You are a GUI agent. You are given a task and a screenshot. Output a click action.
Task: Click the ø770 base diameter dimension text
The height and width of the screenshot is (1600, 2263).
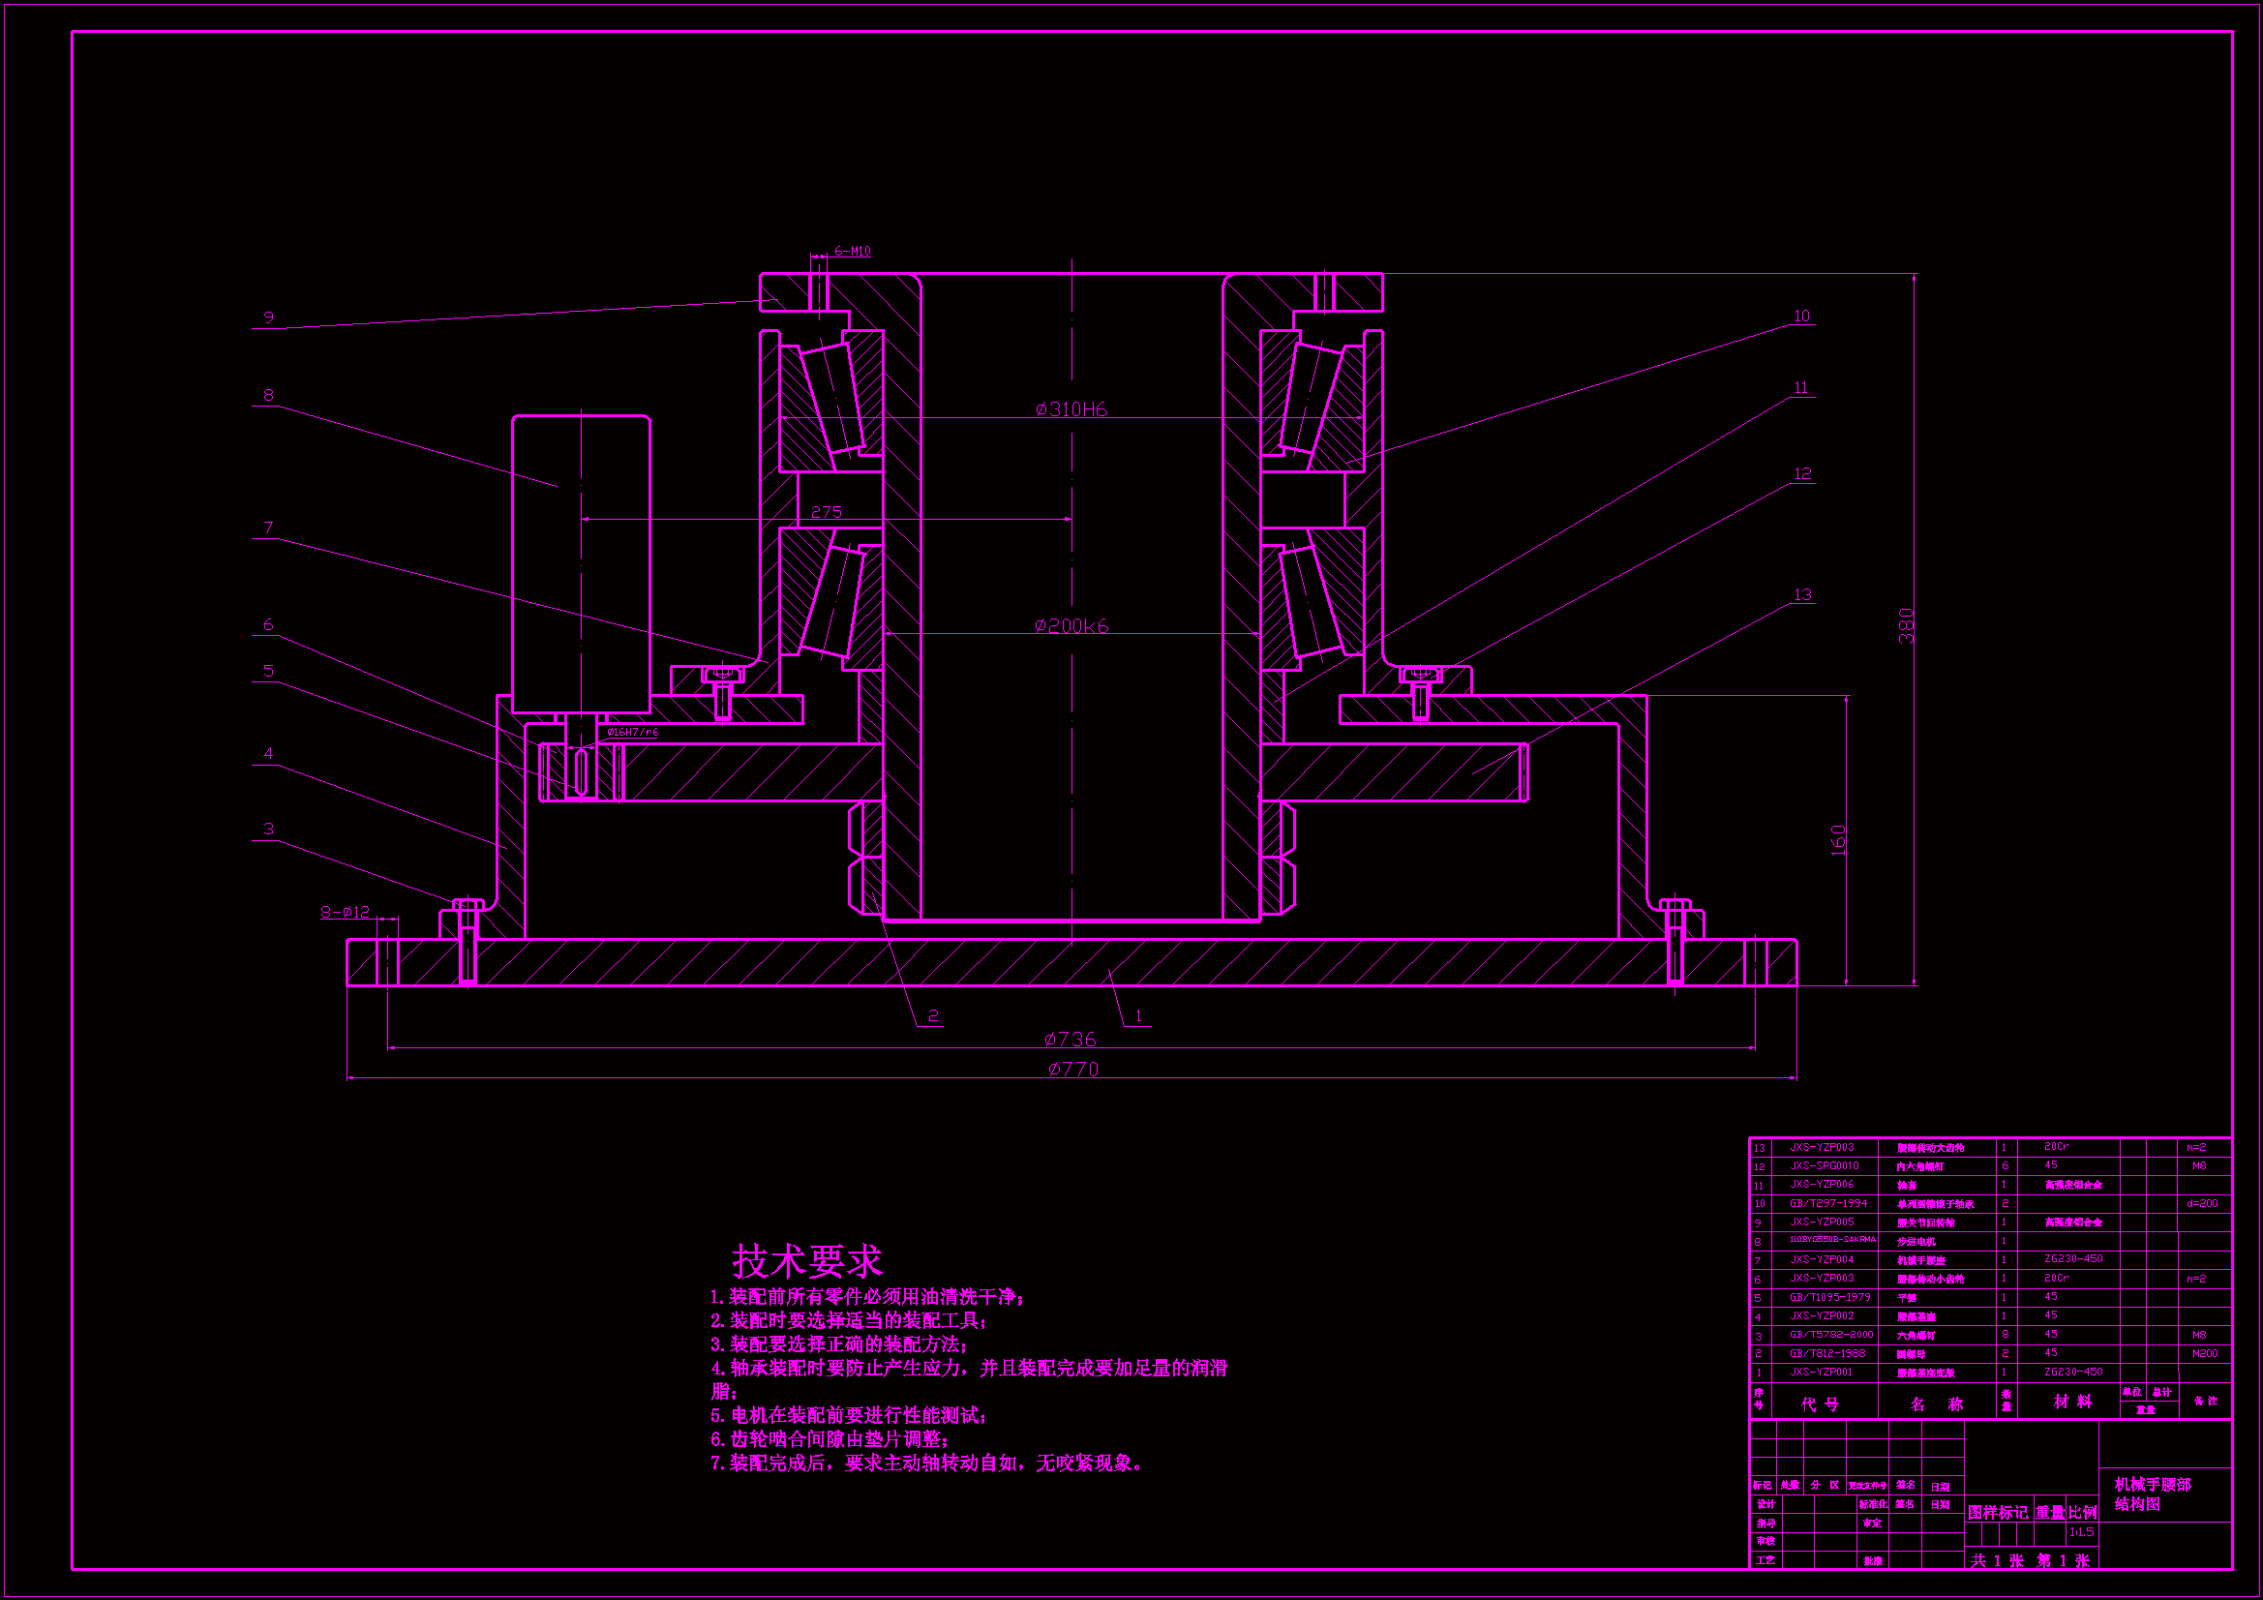click(x=1072, y=1069)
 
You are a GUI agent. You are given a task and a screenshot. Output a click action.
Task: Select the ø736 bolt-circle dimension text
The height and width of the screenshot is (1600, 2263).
click(x=1070, y=1038)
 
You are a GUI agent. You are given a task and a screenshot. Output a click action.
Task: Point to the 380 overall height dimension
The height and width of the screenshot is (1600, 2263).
click(x=1906, y=626)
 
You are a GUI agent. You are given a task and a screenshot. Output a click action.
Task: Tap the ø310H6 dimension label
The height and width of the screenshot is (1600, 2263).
click(x=1071, y=409)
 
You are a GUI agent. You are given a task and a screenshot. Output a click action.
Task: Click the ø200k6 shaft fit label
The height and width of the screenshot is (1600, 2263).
click(x=1071, y=625)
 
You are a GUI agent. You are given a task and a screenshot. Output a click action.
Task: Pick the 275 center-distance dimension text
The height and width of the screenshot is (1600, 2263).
click(x=826, y=512)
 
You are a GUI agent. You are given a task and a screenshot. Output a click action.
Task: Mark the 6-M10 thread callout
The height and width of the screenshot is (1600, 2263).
click(x=853, y=252)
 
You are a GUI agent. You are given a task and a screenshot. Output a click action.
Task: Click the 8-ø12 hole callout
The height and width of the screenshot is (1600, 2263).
click(x=345, y=912)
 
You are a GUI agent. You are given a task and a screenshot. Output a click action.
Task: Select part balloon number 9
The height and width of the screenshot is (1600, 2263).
click(x=268, y=317)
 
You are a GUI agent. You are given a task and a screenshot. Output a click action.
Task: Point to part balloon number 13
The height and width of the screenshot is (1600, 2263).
click(x=1802, y=594)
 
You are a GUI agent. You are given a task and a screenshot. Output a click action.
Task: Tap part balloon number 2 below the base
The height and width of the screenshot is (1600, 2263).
click(x=932, y=1015)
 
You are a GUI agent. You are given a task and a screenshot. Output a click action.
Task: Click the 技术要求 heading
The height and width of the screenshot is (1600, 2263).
click(x=807, y=1260)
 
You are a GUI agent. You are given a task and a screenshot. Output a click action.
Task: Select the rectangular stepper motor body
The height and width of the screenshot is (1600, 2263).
click(x=581, y=563)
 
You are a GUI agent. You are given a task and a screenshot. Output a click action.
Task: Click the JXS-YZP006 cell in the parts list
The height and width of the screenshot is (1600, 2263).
click(x=1822, y=1184)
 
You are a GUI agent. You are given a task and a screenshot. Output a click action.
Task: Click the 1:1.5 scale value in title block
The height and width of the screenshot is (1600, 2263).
click(x=2082, y=1532)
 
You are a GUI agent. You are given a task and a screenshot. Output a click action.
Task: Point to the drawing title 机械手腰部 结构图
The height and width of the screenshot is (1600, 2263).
click(x=2153, y=1494)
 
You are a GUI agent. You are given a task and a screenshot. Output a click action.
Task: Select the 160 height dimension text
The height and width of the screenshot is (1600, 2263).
click(x=1838, y=839)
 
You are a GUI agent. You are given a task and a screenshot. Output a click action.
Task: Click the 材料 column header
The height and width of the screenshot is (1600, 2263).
click(x=2072, y=1401)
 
